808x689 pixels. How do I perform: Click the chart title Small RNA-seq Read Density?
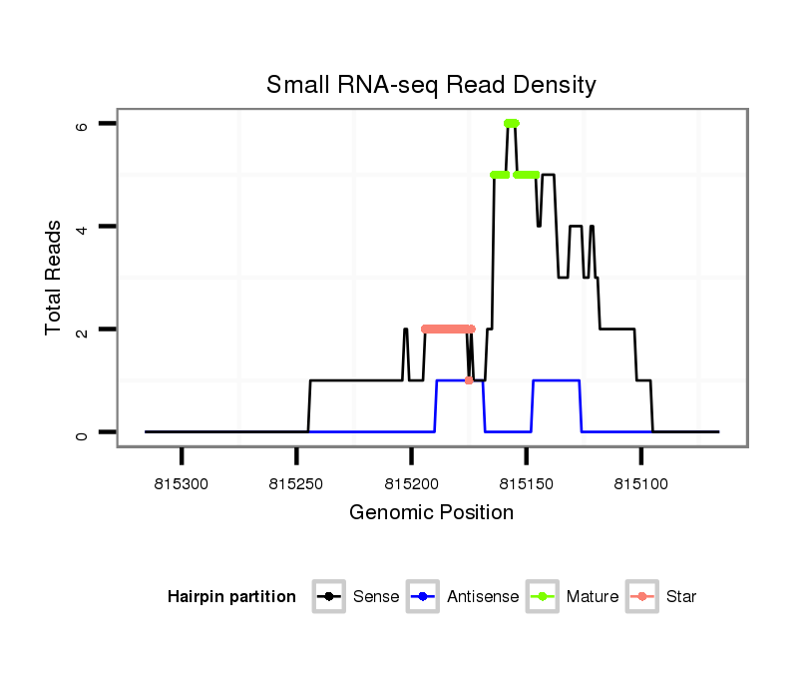click(431, 85)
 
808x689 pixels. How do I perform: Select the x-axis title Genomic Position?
click(431, 513)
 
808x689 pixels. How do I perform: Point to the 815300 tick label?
click(182, 484)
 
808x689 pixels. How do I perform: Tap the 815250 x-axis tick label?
click(296, 484)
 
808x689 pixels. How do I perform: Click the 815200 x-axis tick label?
click(411, 484)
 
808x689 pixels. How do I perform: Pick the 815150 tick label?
click(526, 484)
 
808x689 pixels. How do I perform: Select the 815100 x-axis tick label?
click(640, 484)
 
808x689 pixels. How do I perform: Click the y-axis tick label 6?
click(83, 125)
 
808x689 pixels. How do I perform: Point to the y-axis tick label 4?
click(83, 228)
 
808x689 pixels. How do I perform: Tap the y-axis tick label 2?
click(83, 331)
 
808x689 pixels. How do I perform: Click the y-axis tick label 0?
click(83, 433)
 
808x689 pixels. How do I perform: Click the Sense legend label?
click(376, 597)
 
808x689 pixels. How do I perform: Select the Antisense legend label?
click(483, 597)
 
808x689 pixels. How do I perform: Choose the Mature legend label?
click(592, 597)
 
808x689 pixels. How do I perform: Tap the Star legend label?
click(680, 597)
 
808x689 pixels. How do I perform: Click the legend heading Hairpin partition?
click(231, 597)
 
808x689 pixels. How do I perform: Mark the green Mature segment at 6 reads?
click(512, 123)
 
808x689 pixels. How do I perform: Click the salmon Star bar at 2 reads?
click(447, 329)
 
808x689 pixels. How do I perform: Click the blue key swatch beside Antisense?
click(423, 597)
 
